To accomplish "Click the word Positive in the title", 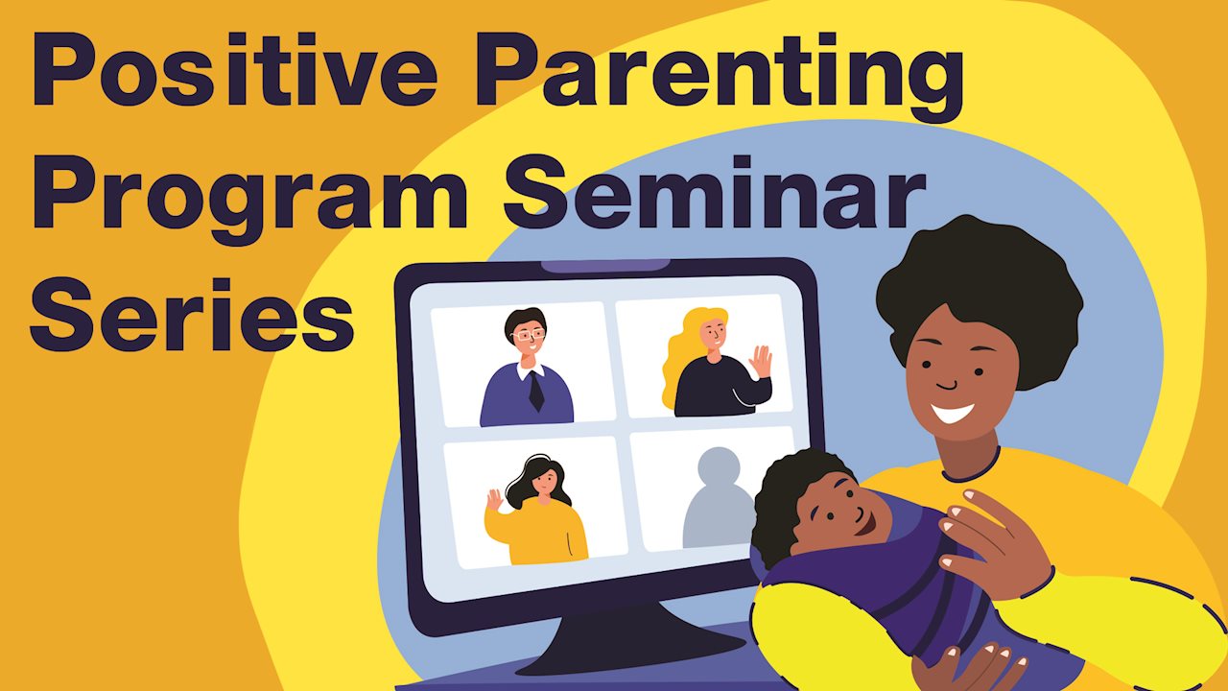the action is click(235, 67).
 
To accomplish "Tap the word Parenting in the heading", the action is click(719, 77).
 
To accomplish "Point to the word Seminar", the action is click(715, 191).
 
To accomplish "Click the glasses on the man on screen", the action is click(528, 335).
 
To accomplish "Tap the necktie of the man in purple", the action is click(535, 391).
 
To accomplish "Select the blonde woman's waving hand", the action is click(761, 362).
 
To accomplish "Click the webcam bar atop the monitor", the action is click(605, 266).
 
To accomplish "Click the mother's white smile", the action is click(953, 414).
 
